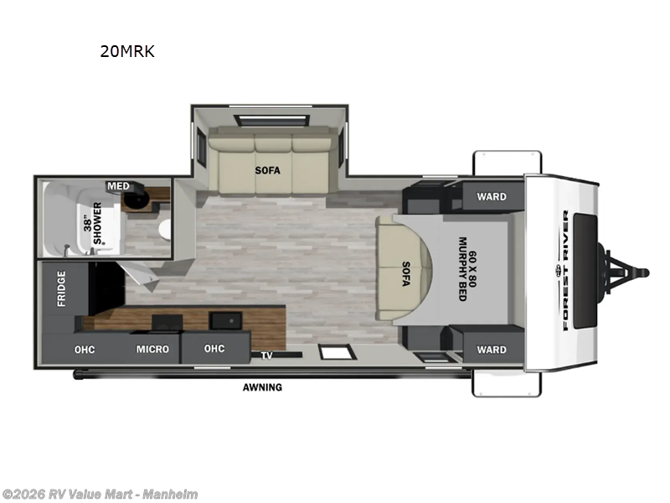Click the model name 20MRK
[127, 52]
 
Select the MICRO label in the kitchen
[152, 349]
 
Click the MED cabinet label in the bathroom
[116, 185]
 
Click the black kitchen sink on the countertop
[225, 320]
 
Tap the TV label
[266, 355]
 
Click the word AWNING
[262, 387]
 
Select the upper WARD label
[492, 197]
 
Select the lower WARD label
[492, 350]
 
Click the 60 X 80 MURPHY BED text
[466, 269]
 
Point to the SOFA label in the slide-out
[267, 170]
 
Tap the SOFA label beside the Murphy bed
[405, 273]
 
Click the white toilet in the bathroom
[163, 229]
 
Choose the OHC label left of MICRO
[83, 349]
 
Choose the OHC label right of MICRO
[215, 349]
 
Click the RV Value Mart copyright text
[100, 495]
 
